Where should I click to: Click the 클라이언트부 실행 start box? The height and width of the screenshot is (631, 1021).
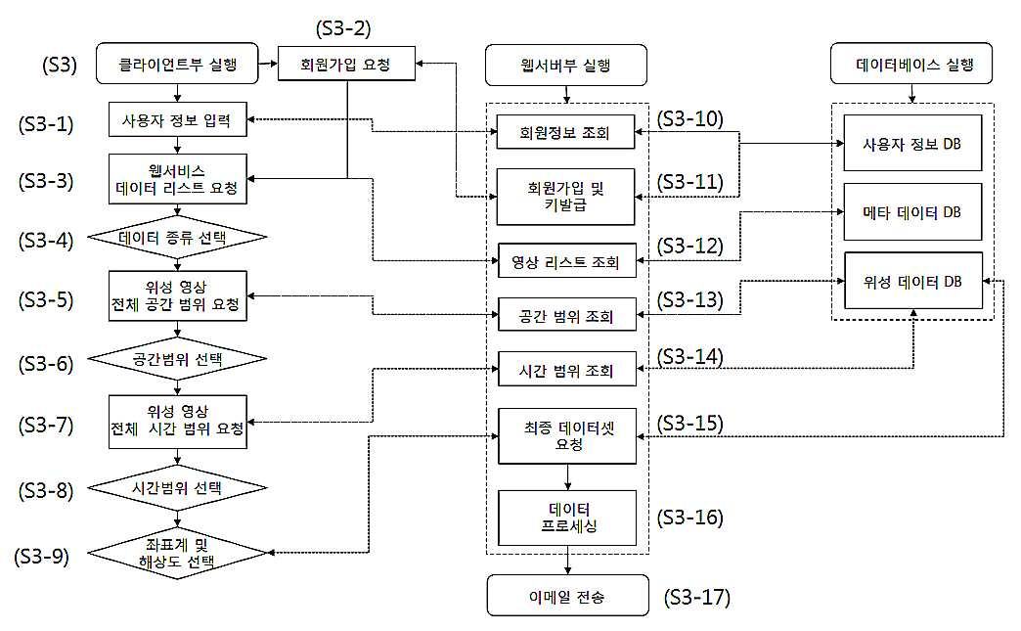pyautogui.click(x=177, y=64)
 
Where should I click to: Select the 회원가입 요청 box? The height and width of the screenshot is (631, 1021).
pyautogui.click(x=346, y=64)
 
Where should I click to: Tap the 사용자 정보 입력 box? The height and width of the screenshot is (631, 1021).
pyautogui.click(x=177, y=119)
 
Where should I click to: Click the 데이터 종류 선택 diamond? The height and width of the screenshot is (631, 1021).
pyautogui.click(x=177, y=237)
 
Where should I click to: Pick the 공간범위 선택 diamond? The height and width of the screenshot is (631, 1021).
pyautogui.click(x=177, y=359)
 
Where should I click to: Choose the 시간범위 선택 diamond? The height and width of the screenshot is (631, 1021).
pyautogui.click(x=177, y=488)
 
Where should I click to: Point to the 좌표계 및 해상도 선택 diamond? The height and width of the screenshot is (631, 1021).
pyautogui.click(x=177, y=554)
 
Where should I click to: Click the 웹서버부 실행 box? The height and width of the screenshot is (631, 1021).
pyautogui.click(x=566, y=65)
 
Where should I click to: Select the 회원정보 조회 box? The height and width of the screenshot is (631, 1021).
pyautogui.click(x=565, y=132)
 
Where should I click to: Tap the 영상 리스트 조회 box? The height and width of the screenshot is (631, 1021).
pyautogui.click(x=566, y=261)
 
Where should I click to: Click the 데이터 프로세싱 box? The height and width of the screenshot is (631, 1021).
pyautogui.click(x=567, y=518)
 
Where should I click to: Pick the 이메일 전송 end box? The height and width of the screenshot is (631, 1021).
pyautogui.click(x=568, y=595)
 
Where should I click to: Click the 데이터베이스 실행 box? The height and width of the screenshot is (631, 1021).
pyautogui.click(x=911, y=64)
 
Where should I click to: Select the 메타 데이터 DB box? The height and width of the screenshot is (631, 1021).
pyautogui.click(x=912, y=212)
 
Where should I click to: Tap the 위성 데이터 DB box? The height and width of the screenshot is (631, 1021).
pyautogui.click(x=912, y=281)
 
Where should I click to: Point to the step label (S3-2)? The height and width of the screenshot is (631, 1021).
pyautogui.click(x=343, y=28)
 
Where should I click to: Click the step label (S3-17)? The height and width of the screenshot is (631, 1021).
pyautogui.click(x=696, y=597)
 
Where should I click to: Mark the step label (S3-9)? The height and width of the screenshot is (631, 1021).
pyautogui.click(x=42, y=556)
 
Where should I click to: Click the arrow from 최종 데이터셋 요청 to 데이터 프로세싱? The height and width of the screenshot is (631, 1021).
pyautogui.click(x=568, y=476)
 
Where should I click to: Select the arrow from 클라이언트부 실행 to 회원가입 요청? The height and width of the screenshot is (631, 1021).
pyautogui.click(x=268, y=64)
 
